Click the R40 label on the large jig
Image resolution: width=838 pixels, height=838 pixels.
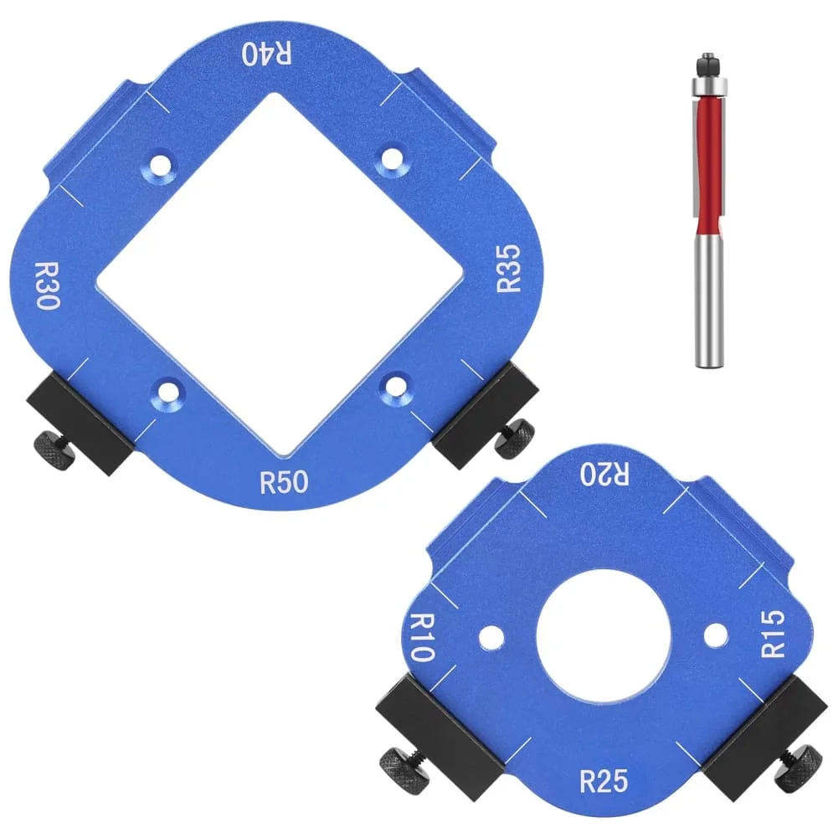[267, 54]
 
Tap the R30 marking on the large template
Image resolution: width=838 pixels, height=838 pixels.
[48, 285]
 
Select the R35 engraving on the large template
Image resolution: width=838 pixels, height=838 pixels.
[508, 268]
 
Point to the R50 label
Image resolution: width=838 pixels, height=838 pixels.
[284, 481]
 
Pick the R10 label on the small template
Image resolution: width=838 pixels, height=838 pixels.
[422, 637]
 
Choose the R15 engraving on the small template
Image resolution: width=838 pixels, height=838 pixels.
[773, 634]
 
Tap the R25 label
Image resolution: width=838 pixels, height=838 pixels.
[604, 781]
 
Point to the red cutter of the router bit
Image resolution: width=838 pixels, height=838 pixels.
[709, 161]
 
